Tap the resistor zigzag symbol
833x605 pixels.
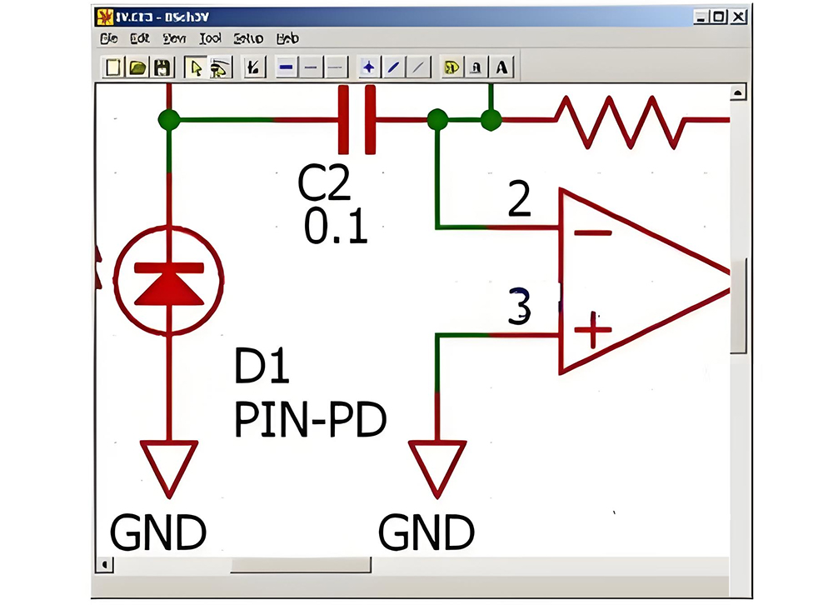[621, 120]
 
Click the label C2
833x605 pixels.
[326, 185]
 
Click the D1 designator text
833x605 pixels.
[262, 368]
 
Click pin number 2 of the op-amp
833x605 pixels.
[520, 200]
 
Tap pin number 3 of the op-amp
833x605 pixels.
[519, 306]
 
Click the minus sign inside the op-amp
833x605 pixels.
[593, 232]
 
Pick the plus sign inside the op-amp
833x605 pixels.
[593, 330]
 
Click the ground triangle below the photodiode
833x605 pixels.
[169, 467]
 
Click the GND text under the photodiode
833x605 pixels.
[158, 532]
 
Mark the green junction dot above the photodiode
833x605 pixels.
[169, 120]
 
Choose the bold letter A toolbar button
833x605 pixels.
[501, 67]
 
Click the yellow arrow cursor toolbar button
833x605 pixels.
[196, 67]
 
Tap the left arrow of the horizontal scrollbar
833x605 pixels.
[105, 565]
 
